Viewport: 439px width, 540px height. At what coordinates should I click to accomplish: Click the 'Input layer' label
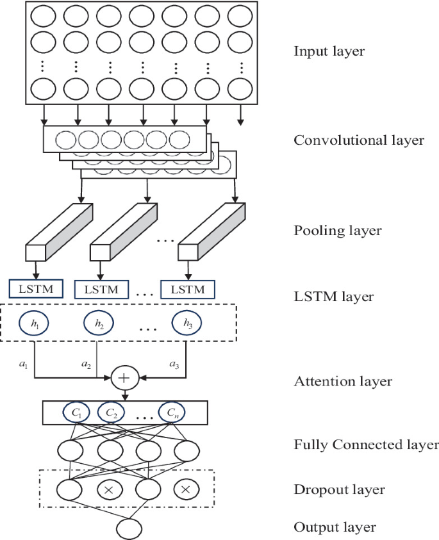(x=329, y=52)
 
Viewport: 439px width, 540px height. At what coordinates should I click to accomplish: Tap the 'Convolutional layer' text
(x=359, y=140)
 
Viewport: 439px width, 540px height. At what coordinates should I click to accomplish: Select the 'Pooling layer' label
(x=338, y=231)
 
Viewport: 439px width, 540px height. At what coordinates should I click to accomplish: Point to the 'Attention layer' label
(x=343, y=381)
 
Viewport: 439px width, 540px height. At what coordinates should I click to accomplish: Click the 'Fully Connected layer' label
(x=366, y=445)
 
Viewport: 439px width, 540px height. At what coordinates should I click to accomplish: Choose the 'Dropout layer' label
(x=340, y=490)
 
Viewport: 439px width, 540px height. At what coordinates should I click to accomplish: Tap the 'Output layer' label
(x=335, y=527)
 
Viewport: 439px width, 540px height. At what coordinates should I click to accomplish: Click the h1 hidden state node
(x=35, y=323)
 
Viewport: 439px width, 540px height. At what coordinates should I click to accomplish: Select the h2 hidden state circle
(x=99, y=323)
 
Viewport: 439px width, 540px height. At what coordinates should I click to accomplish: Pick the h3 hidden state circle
(x=187, y=323)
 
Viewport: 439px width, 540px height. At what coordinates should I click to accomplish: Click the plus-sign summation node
(x=124, y=378)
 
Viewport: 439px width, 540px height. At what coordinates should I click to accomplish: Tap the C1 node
(x=76, y=413)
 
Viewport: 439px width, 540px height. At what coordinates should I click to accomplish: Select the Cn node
(x=172, y=413)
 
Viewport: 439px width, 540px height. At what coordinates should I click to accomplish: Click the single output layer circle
(x=129, y=528)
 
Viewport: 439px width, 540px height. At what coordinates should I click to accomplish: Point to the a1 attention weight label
(x=23, y=364)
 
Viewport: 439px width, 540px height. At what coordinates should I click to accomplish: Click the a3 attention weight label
(x=174, y=364)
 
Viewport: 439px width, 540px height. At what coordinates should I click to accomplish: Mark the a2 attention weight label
(x=86, y=364)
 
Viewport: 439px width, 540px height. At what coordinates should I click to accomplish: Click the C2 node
(x=112, y=413)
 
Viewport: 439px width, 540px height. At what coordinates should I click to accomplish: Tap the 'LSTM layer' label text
(x=333, y=297)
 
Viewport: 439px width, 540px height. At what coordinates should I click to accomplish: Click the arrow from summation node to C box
(x=125, y=395)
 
